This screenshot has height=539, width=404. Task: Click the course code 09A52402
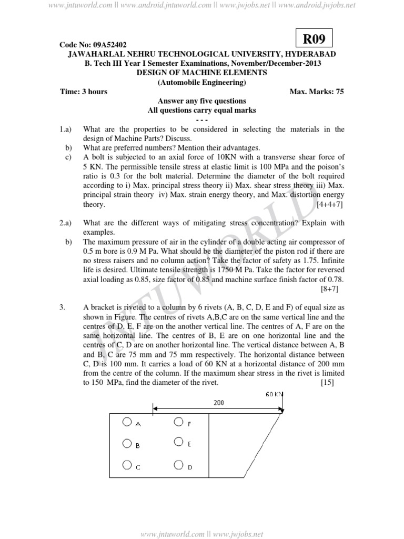pos(93,45)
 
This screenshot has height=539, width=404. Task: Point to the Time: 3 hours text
pos(84,92)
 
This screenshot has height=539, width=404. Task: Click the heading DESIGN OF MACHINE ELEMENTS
pos(201,73)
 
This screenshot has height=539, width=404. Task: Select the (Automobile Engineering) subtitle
pos(201,82)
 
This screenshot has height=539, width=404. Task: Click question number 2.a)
pos(66,223)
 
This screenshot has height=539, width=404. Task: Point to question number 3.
pos(63,307)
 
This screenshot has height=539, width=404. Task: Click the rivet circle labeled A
pos(126,422)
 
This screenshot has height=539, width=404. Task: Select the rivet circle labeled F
pos(178,422)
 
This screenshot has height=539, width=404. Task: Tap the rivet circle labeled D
pos(179,465)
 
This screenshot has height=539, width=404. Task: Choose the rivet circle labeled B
pos(126,443)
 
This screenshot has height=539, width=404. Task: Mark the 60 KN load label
pos(274,394)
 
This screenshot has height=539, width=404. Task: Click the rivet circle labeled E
pos(179,442)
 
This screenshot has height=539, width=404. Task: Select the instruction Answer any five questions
pos(202,101)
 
